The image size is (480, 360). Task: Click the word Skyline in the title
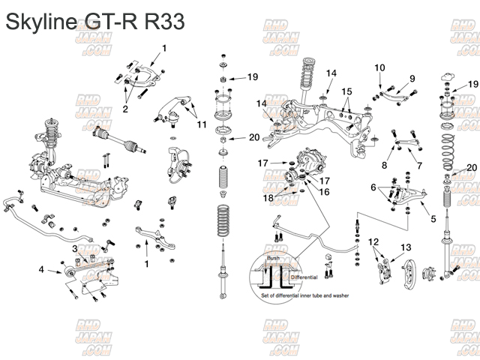[x=40, y=22]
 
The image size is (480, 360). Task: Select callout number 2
[x=125, y=109]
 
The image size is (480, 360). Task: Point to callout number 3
[x=74, y=247]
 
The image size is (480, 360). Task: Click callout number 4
[x=41, y=268]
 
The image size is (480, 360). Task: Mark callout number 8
[x=385, y=165]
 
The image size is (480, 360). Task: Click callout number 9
[x=412, y=78]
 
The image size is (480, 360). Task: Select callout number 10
[x=380, y=67]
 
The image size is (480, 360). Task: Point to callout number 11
[x=202, y=124]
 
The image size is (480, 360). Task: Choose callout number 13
[x=406, y=247]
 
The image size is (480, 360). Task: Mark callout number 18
[x=268, y=197]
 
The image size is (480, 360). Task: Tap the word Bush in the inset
[x=274, y=257]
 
